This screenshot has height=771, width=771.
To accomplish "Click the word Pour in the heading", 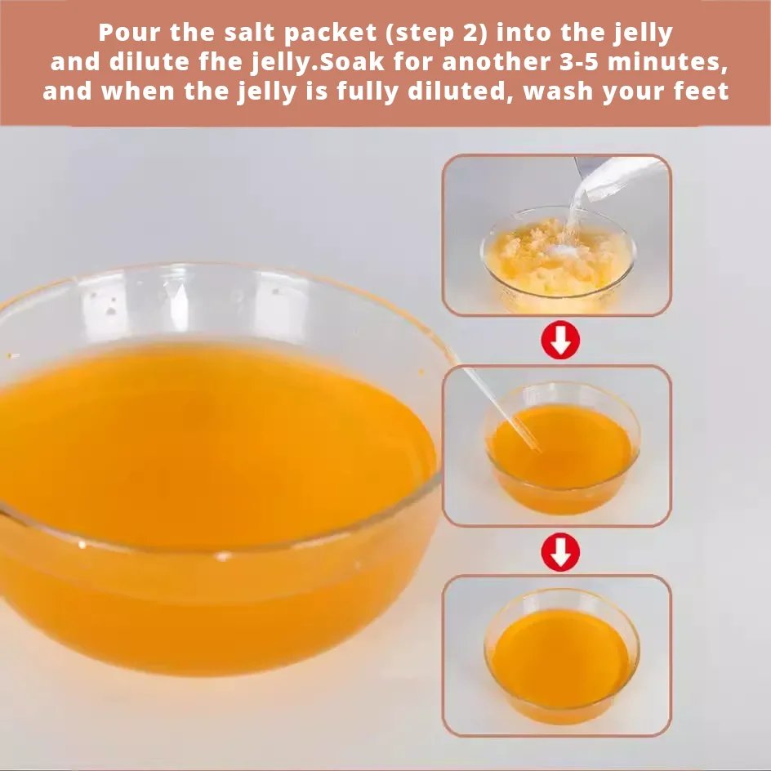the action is [x=129, y=33].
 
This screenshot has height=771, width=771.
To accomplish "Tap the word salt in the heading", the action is [x=250, y=33].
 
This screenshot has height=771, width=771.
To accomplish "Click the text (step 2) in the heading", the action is [x=435, y=33].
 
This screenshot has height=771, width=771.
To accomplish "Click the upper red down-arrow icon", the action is [x=560, y=340].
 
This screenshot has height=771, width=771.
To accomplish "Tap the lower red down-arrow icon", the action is [x=560, y=551].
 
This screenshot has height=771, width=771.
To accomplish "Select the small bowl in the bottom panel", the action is [x=561, y=655].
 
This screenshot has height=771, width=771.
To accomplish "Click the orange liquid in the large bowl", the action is [x=212, y=443].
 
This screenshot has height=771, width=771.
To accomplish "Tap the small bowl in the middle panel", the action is [x=561, y=448].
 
